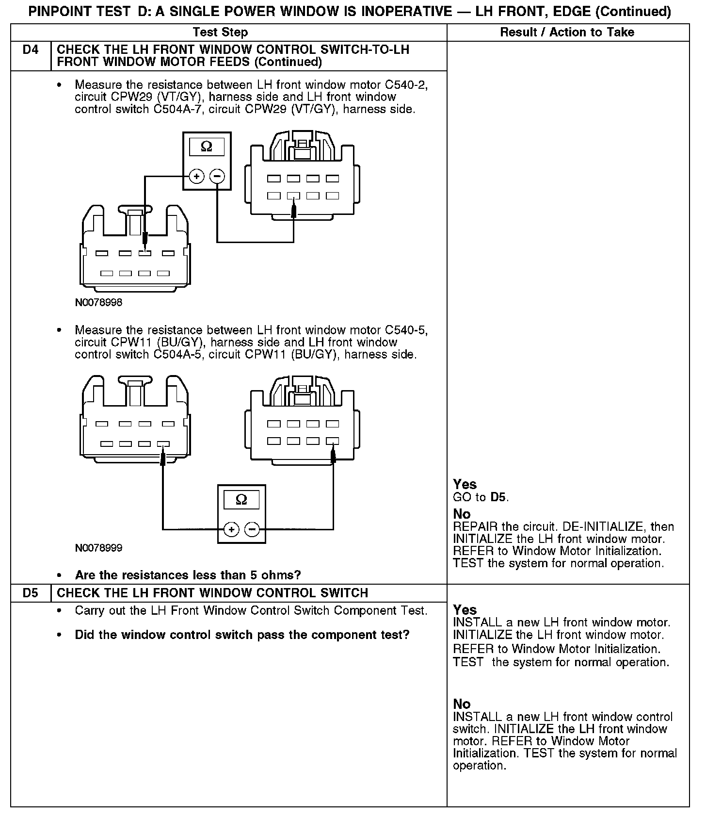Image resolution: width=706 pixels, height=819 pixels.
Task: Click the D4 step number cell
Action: click(30, 50)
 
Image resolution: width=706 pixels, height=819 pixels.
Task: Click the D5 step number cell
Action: click(30, 593)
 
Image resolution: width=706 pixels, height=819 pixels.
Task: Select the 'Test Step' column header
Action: click(220, 33)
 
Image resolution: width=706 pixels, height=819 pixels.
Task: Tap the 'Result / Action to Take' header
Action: click(567, 33)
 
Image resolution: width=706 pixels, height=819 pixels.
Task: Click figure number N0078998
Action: click(98, 302)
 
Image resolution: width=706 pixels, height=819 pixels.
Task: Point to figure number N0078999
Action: click(98, 548)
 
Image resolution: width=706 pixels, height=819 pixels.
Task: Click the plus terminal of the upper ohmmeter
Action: click(196, 176)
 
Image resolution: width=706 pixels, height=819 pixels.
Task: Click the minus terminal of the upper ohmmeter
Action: click(217, 176)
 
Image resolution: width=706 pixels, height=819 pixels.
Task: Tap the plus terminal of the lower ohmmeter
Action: click(231, 529)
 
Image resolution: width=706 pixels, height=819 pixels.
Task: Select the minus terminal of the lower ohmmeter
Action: click(252, 529)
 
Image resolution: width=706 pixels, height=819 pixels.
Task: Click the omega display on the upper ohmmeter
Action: click(207, 147)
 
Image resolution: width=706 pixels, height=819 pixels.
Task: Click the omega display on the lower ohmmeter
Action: click(241, 499)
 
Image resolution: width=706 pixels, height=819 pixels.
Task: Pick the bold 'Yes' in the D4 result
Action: click(465, 484)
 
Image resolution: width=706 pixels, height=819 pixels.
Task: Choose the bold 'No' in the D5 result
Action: click(462, 704)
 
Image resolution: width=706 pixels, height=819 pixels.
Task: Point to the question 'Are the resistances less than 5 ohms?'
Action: click(188, 575)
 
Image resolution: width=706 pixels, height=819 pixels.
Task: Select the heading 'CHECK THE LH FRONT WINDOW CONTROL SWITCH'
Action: click(212, 593)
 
